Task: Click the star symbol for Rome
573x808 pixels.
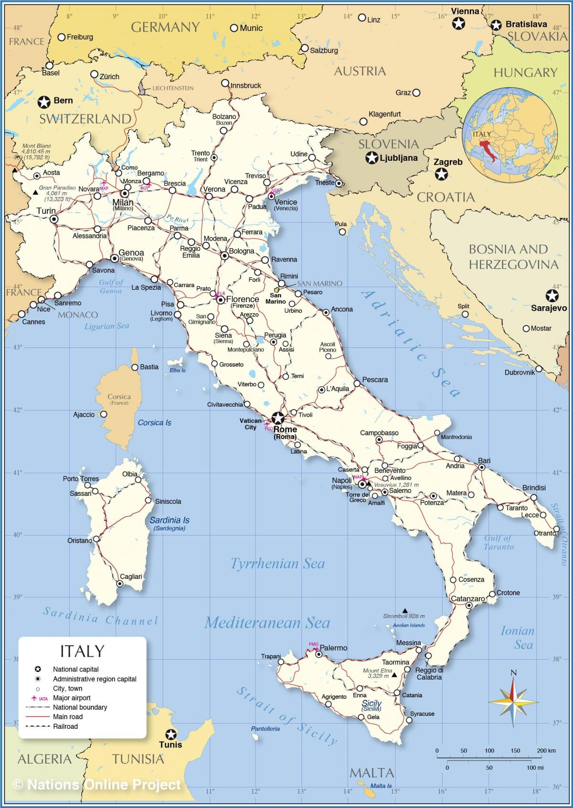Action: pos(277,419)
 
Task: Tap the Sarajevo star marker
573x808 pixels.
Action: pos(552,295)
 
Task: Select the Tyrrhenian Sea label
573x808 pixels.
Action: pos(277,564)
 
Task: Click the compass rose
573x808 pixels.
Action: pos(513,700)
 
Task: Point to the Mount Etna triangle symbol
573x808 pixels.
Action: pos(394,675)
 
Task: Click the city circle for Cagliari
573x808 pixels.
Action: pos(120,584)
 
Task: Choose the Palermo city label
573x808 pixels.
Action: pos(333,648)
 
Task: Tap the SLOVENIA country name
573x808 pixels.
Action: pos(388,144)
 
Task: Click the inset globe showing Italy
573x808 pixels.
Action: pos(510,136)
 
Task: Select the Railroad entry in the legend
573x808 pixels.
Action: pos(65,726)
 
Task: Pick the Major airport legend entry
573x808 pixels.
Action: pos(71,698)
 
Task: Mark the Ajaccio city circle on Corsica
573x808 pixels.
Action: pos(103,414)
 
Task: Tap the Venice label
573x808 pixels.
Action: pos(286,202)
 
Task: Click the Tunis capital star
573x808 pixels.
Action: pos(170,735)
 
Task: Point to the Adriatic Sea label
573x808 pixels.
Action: pos(411,343)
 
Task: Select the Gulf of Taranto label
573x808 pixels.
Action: pos(498,542)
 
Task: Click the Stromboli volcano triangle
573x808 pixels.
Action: pos(405,610)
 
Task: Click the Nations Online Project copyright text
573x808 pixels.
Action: pos(98,784)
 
